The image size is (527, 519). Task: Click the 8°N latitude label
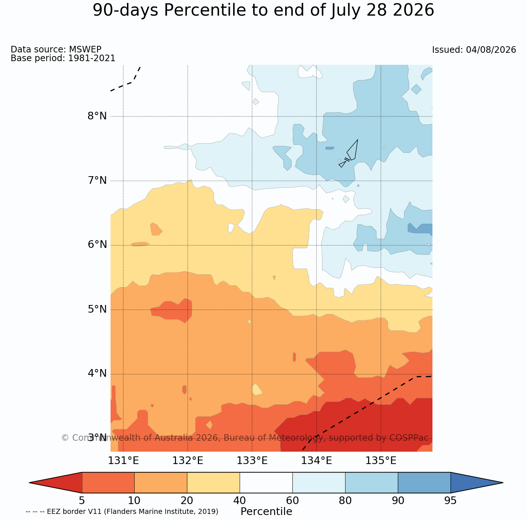pos(97,116)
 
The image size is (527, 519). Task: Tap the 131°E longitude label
pos(123,461)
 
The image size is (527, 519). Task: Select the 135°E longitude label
pos(381,461)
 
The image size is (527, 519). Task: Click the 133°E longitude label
pos(252,461)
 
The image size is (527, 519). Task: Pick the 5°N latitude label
pos(97,309)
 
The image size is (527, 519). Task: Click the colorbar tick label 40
pos(240,501)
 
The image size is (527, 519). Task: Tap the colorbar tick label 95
pos(450,501)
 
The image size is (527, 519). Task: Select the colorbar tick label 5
pos(82,501)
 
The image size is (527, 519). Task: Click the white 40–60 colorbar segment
pos(266,483)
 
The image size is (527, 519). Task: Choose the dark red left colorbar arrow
pos(56,483)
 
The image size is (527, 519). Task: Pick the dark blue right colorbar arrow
pos(477,483)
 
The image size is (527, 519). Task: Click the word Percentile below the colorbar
pos(266,511)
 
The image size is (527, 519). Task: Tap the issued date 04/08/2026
pos(491,50)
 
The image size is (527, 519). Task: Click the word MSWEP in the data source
pos(85,49)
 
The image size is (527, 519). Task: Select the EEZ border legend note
pos(122,512)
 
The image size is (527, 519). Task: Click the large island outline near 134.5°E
pos(352,150)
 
